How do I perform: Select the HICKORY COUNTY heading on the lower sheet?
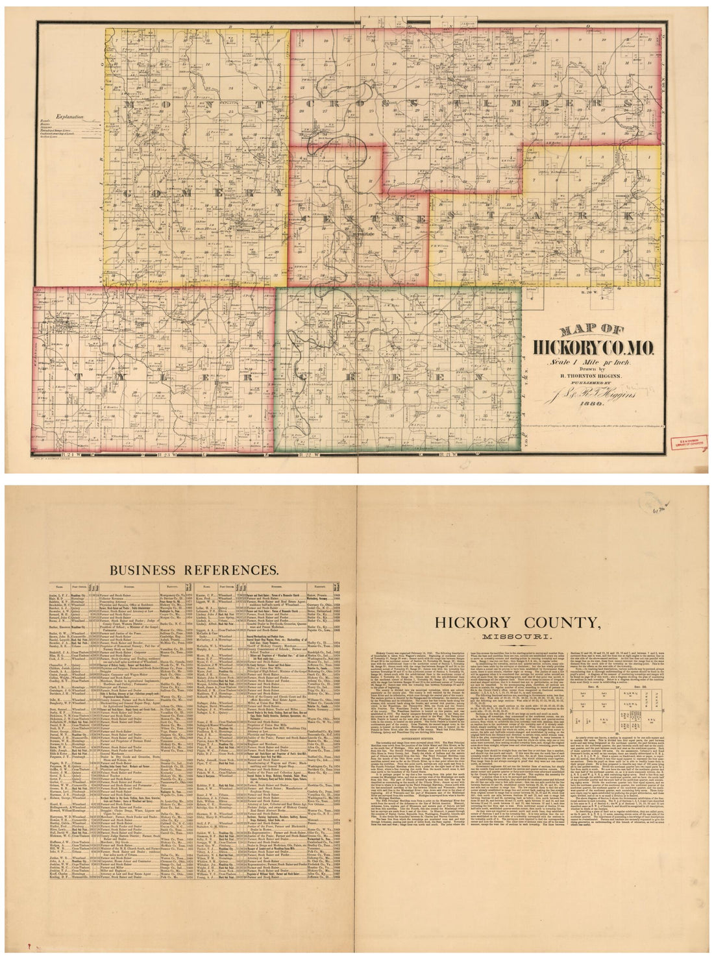tap(535, 622)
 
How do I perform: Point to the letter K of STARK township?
tap(626, 214)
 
